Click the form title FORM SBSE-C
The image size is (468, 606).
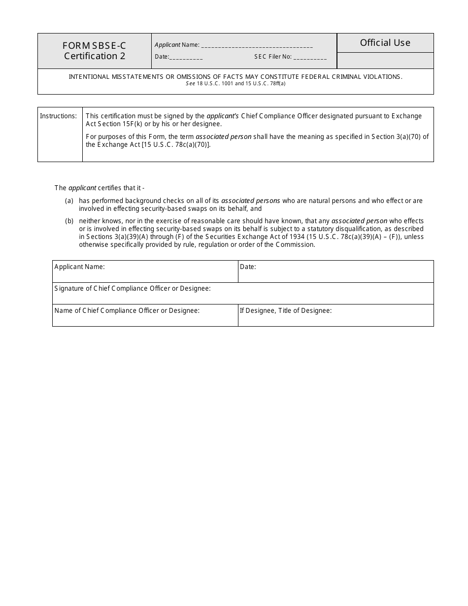coord(94,46)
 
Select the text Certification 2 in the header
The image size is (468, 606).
coord(94,56)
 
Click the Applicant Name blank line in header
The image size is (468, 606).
coord(257,46)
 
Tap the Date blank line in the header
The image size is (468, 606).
coord(186,58)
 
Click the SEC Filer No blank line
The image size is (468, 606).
coord(310,58)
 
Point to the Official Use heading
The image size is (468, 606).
coord(385,43)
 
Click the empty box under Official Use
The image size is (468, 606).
coord(385,61)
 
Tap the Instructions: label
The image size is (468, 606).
coord(58,116)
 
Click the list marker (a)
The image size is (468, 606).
coord(69,201)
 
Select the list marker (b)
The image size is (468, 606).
coord(69,221)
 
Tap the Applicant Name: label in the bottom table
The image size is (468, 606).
coord(79,267)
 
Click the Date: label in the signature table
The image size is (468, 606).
coord(248,267)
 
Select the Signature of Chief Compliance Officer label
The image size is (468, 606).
coord(133,288)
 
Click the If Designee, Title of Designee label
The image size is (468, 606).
coord(285,310)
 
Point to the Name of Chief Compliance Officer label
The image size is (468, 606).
coord(127,310)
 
